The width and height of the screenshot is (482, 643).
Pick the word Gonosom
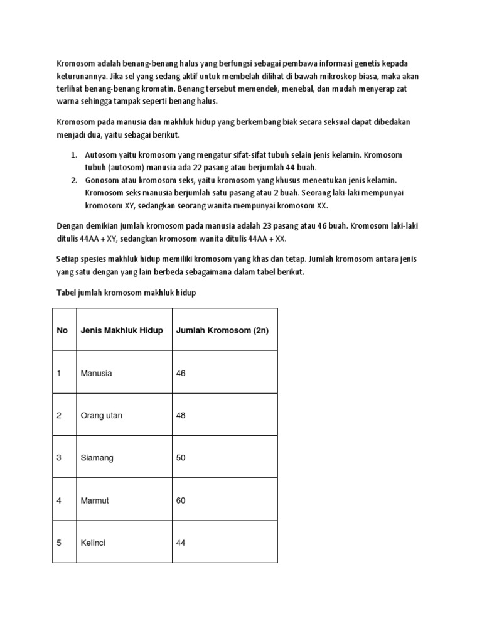pyautogui.click(x=104, y=180)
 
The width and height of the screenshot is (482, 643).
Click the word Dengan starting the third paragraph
pyautogui.click(x=70, y=226)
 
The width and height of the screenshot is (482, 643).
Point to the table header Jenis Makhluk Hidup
pyautogui.click(x=122, y=330)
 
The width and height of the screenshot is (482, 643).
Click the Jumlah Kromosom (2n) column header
pyautogui.click(x=222, y=330)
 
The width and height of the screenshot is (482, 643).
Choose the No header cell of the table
pyautogui.click(x=62, y=330)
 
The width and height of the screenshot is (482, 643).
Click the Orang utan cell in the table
pyautogui.click(x=102, y=415)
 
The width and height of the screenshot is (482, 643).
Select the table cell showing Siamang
pyautogui.click(x=97, y=458)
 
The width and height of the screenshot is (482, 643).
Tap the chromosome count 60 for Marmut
pyautogui.click(x=181, y=500)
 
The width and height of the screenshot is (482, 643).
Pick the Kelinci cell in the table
pyautogui.click(x=93, y=543)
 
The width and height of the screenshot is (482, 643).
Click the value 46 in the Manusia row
pyautogui.click(x=181, y=373)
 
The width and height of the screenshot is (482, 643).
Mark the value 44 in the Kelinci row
pyautogui.click(x=181, y=543)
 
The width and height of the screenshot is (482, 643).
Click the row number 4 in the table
pyautogui.click(x=59, y=500)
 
